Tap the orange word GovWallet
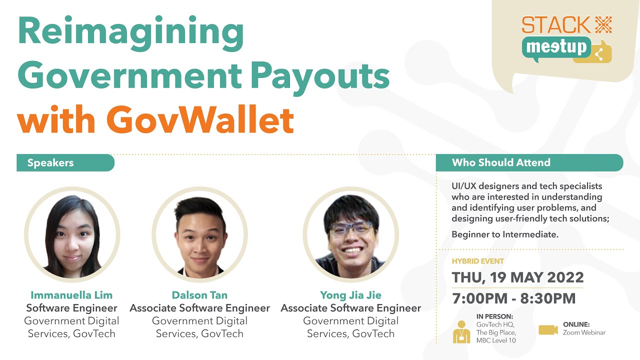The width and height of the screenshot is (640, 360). click(200, 120)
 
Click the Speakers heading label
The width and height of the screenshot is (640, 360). click(50, 163)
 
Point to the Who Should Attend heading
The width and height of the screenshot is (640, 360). click(501, 162)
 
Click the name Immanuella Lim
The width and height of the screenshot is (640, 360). click(71, 295)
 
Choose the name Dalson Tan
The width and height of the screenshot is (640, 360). click(199, 295)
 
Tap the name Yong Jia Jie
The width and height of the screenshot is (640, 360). click(350, 295)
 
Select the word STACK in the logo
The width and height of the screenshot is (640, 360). click(549, 25)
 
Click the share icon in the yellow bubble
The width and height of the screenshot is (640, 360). click(598, 53)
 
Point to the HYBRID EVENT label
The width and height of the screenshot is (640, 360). click(477, 261)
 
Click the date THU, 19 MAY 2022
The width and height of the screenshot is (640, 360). click(517, 277)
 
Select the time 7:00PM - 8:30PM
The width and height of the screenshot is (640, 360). click(513, 298)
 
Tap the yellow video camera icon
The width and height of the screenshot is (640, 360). click(548, 329)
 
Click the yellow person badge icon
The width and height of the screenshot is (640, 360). click(461, 332)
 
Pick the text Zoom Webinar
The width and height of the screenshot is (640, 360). click(584, 332)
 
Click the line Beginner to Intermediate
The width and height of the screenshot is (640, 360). click(504, 234)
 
